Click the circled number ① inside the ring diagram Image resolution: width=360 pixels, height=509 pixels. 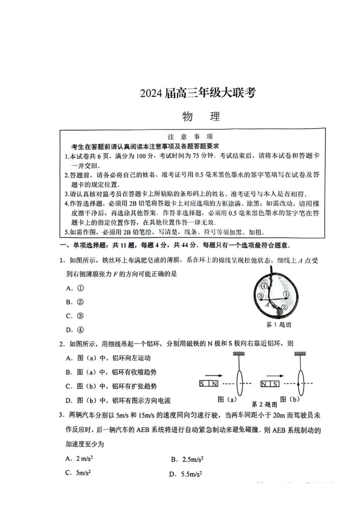point(286,294)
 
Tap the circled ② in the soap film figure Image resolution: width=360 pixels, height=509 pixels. point(284,307)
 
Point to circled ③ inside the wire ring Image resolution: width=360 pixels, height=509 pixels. point(260,296)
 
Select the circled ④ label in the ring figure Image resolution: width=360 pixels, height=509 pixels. point(263,286)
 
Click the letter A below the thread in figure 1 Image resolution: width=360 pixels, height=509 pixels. point(268,305)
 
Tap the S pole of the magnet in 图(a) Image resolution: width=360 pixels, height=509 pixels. point(203,384)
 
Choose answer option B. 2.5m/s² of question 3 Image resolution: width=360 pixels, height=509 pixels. point(187,459)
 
